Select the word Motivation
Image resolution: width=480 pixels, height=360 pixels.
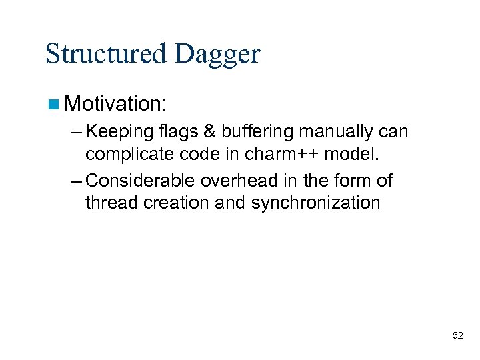click(x=117, y=103)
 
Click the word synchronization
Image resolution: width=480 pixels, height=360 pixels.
click(x=316, y=202)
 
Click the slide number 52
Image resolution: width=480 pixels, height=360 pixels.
click(x=457, y=335)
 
